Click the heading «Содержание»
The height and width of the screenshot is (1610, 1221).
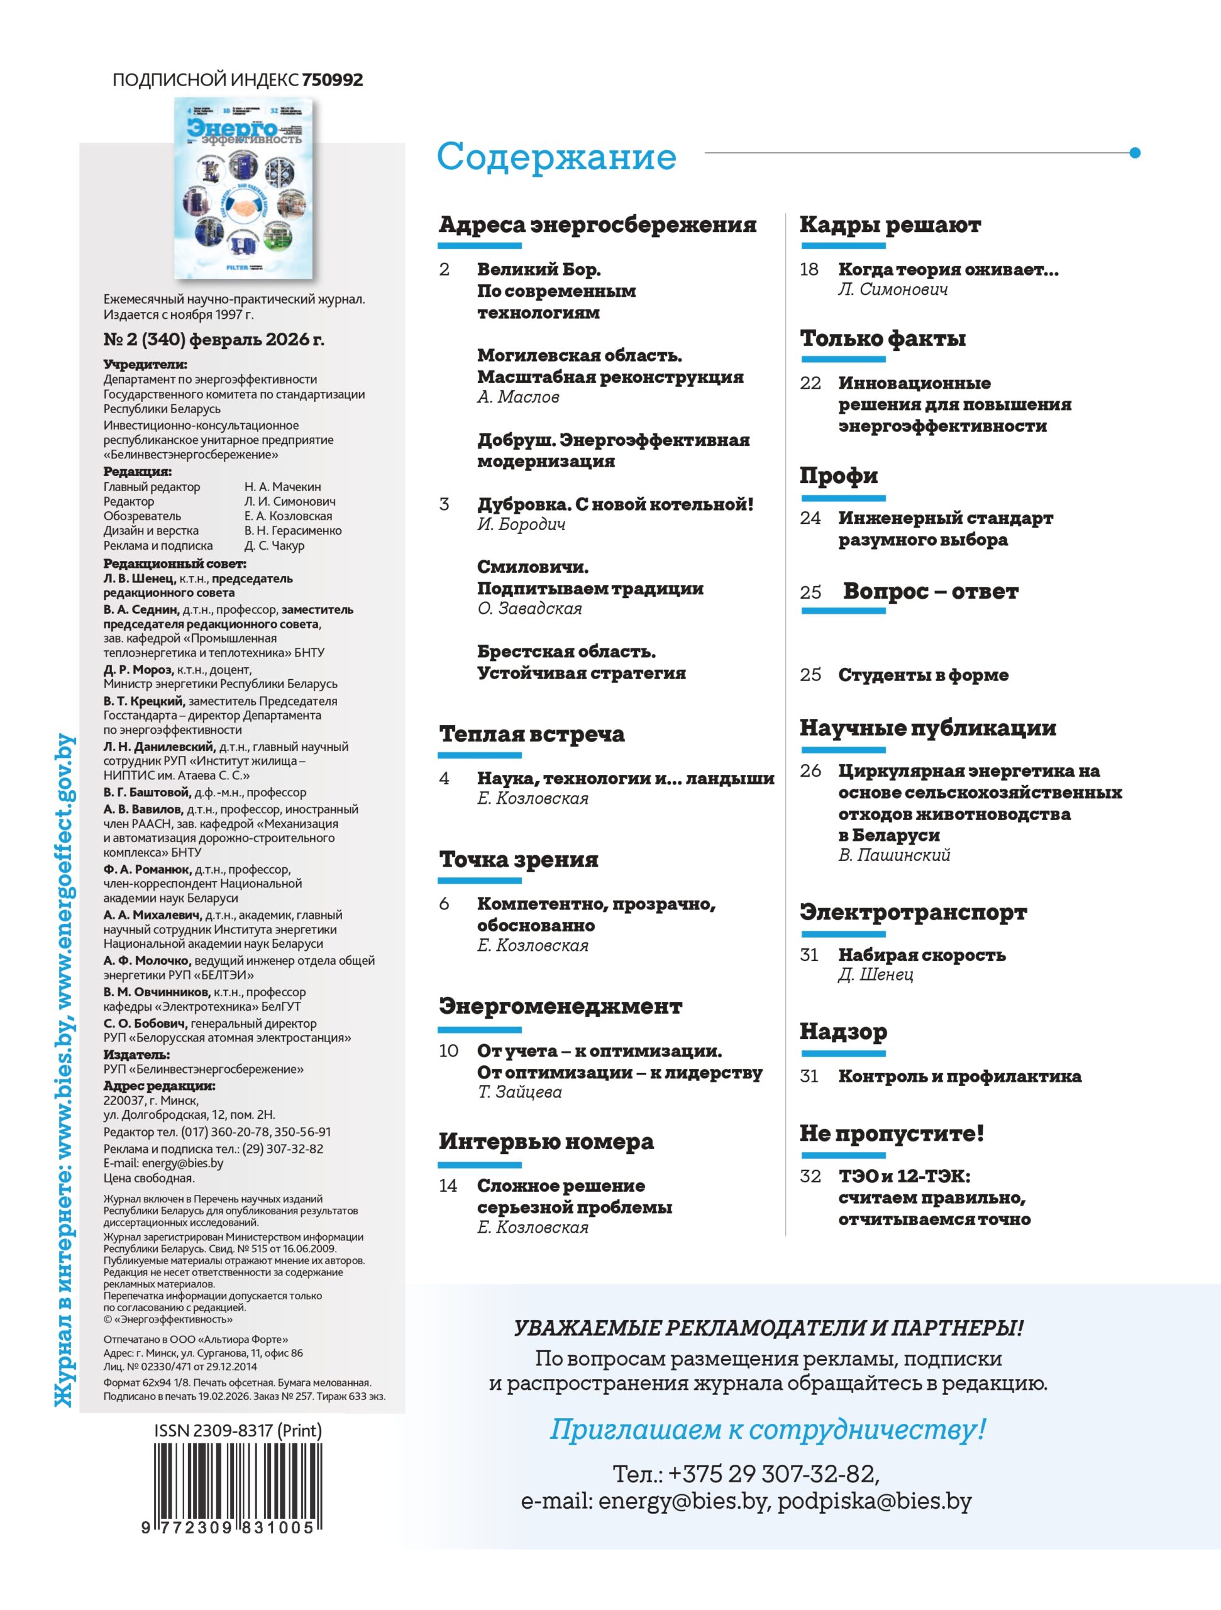[556, 157]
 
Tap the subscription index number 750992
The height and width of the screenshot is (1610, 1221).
[332, 80]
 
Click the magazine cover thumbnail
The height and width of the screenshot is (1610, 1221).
[244, 189]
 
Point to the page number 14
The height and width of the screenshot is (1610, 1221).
[448, 1185]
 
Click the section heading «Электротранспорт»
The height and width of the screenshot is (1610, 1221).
[912, 912]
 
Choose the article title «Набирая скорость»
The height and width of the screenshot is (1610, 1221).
[921, 954]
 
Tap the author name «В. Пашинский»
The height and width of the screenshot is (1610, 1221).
[893, 855]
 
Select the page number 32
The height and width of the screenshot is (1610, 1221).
[810, 1176]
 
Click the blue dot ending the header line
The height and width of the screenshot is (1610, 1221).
[1134, 153]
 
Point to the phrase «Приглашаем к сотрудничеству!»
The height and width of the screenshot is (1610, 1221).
[767, 1429]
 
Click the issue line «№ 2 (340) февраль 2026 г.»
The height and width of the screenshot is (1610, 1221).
[214, 339]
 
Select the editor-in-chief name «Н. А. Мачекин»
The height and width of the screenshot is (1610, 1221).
[282, 487]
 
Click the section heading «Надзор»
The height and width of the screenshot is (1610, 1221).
[843, 1031]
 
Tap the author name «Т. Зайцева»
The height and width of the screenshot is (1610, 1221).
[519, 1092]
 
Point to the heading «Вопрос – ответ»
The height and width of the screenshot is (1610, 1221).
[930, 591]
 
